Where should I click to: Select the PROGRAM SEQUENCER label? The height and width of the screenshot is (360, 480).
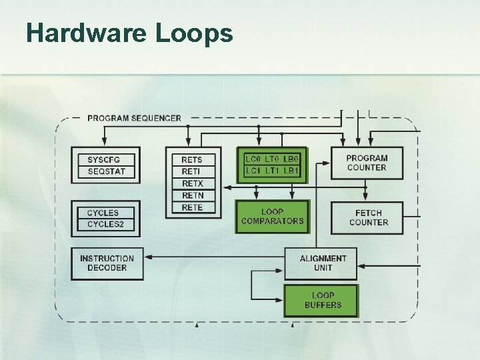134,118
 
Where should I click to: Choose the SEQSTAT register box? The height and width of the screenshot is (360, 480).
106,172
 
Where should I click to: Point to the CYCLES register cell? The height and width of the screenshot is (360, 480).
103,213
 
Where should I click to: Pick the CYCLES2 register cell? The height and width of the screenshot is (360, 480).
106,225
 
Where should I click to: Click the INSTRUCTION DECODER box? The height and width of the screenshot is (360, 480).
107,263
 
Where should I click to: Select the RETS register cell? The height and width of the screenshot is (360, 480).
192,160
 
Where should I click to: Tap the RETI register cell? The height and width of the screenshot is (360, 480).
192,172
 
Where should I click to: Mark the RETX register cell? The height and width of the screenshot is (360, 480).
192,183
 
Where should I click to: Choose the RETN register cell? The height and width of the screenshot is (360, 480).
192,195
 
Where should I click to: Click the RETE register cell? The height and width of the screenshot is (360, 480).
192,207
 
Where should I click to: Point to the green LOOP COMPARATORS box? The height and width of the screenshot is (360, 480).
272,216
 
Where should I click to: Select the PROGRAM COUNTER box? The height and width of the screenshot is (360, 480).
367,163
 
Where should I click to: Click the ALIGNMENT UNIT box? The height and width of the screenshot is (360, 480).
323,263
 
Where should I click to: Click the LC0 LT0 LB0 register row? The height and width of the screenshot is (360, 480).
273,159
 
